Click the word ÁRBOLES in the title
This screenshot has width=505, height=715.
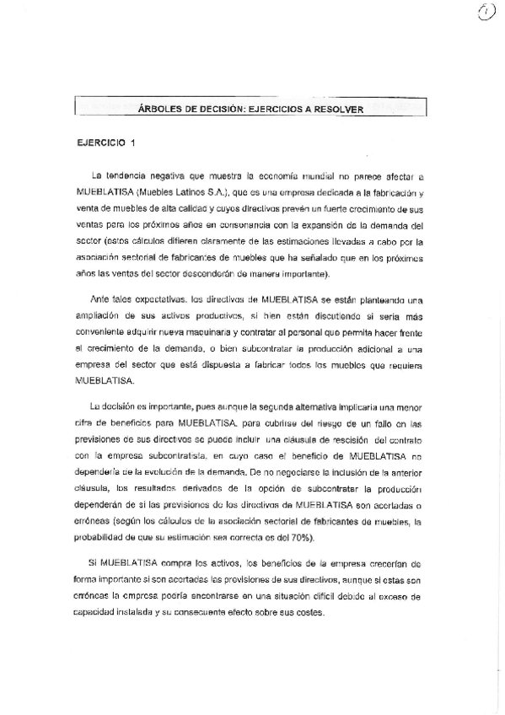click(x=158, y=108)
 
